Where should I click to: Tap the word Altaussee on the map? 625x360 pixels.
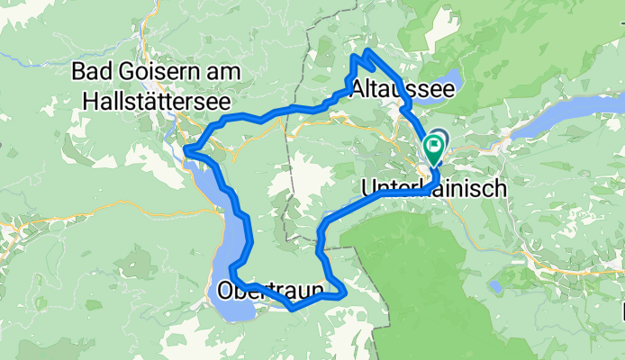(397, 88)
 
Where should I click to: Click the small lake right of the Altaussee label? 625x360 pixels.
(445, 83)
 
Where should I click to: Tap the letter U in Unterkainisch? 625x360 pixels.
(367, 189)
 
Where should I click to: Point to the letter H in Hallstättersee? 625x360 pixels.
(88, 103)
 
